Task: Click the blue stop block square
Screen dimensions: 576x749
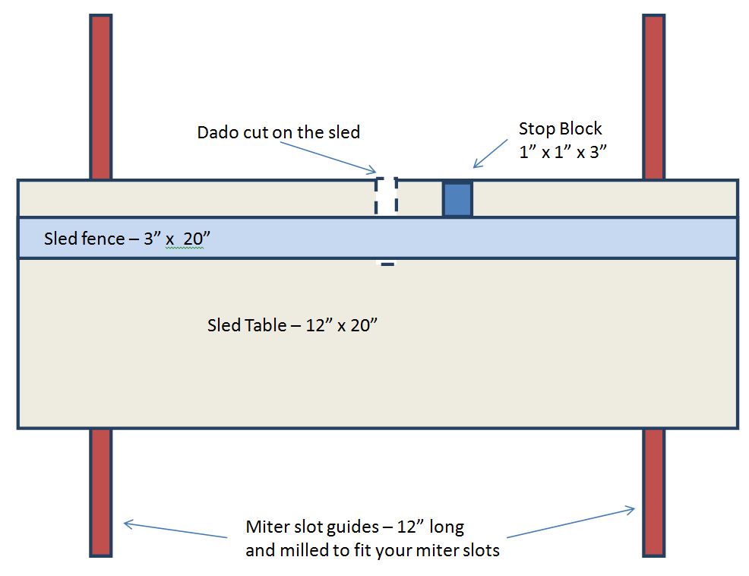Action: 457,199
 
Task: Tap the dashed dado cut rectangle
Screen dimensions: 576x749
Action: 387,197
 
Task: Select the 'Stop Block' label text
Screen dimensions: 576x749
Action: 560,128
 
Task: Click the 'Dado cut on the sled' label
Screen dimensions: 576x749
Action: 278,132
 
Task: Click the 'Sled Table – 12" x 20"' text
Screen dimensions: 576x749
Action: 292,325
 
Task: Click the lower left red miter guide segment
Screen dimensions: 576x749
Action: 101,492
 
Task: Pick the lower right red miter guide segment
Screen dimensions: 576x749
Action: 653,492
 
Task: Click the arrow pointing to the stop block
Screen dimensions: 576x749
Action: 490,153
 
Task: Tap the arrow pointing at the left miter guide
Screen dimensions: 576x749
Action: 175,530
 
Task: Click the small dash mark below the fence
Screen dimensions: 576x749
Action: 387,264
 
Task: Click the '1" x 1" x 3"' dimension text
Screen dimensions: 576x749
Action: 561,150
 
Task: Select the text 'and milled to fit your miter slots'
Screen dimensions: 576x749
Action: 372,549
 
